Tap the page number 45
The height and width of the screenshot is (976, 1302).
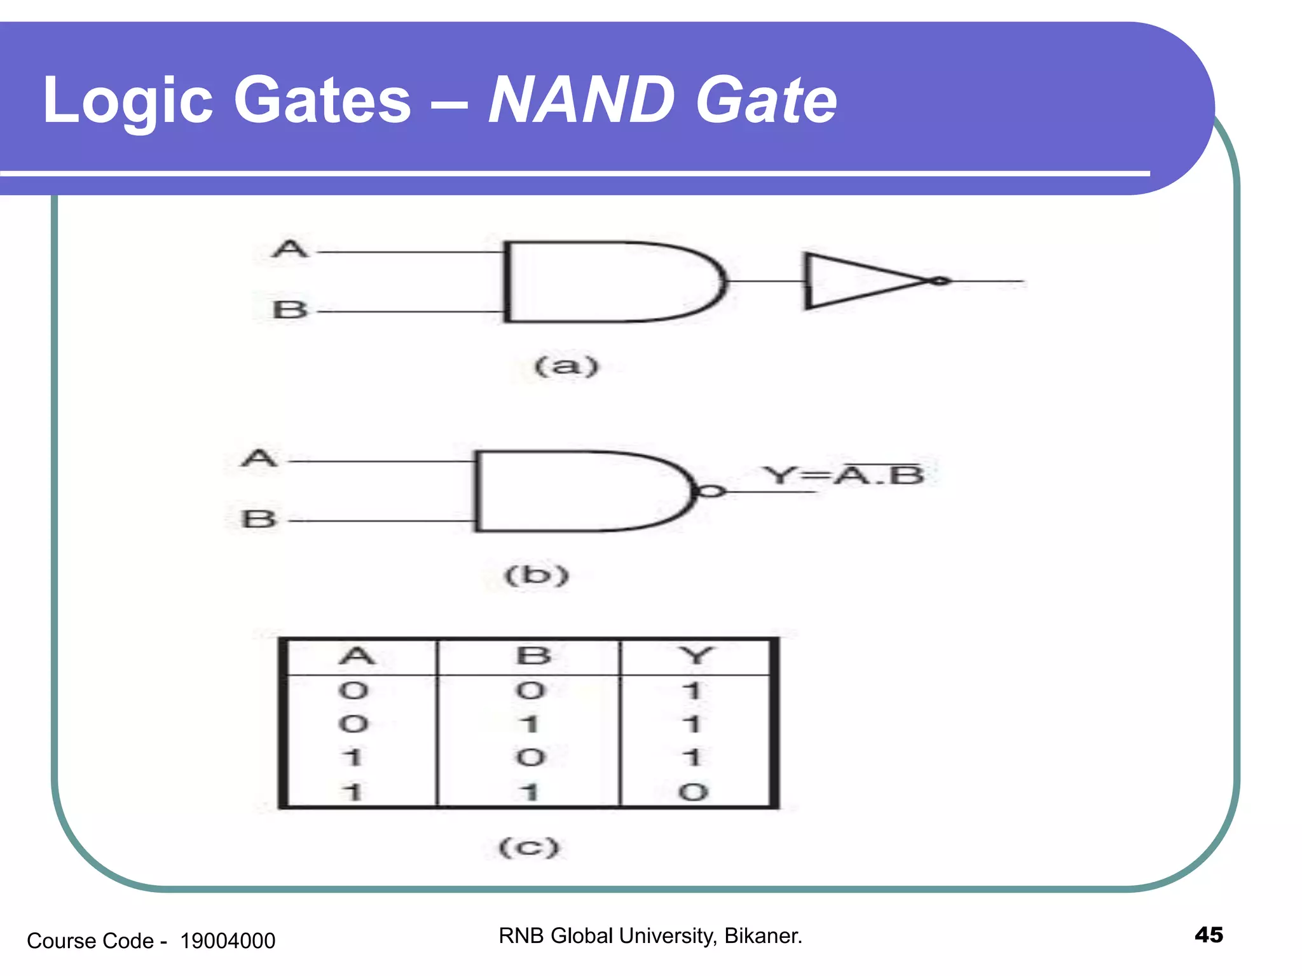tap(1209, 935)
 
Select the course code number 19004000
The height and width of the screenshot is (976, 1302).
tap(228, 940)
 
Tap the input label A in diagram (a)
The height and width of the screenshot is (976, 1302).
tap(290, 248)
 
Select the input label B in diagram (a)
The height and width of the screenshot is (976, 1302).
tap(290, 310)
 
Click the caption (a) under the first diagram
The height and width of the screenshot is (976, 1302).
tap(566, 366)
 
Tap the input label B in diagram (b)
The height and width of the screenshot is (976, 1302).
tap(259, 519)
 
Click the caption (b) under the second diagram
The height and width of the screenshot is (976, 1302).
tap(536, 576)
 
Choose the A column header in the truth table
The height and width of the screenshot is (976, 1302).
tap(357, 655)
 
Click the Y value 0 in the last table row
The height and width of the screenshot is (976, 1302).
tap(693, 792)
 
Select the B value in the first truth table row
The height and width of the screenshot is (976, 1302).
tap(530, 690)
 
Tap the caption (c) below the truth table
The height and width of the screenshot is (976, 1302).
tap(529, 847)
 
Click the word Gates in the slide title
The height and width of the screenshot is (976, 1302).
tap(322, 100)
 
